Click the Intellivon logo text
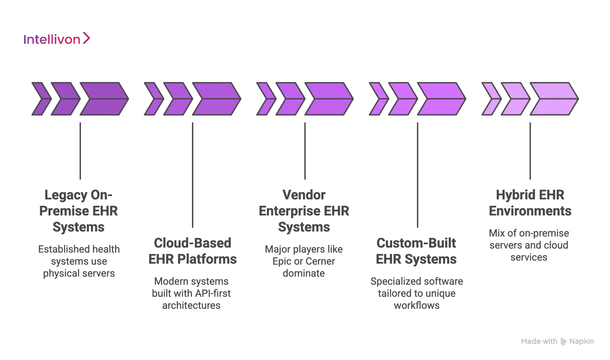click(x=52, y=39)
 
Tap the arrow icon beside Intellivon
click(x=86, y=38)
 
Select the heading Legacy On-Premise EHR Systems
click(x=79, y=211)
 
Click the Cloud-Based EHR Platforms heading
click(x=193, y=251)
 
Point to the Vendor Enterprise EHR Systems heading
click(x=304, y=211)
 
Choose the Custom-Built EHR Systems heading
click(x=416, y=251)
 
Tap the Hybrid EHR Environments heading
click(x=530, y=203)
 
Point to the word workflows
click(x=417, y=305)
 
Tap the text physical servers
click(x=79, y=273)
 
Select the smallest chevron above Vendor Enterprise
click(x=266, y=99)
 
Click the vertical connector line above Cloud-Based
click(x=193, y=174)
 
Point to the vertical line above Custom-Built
click(x=418, y=174)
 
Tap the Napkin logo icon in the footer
click(x=564, y=342)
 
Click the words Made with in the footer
click(x=539, y=341)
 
